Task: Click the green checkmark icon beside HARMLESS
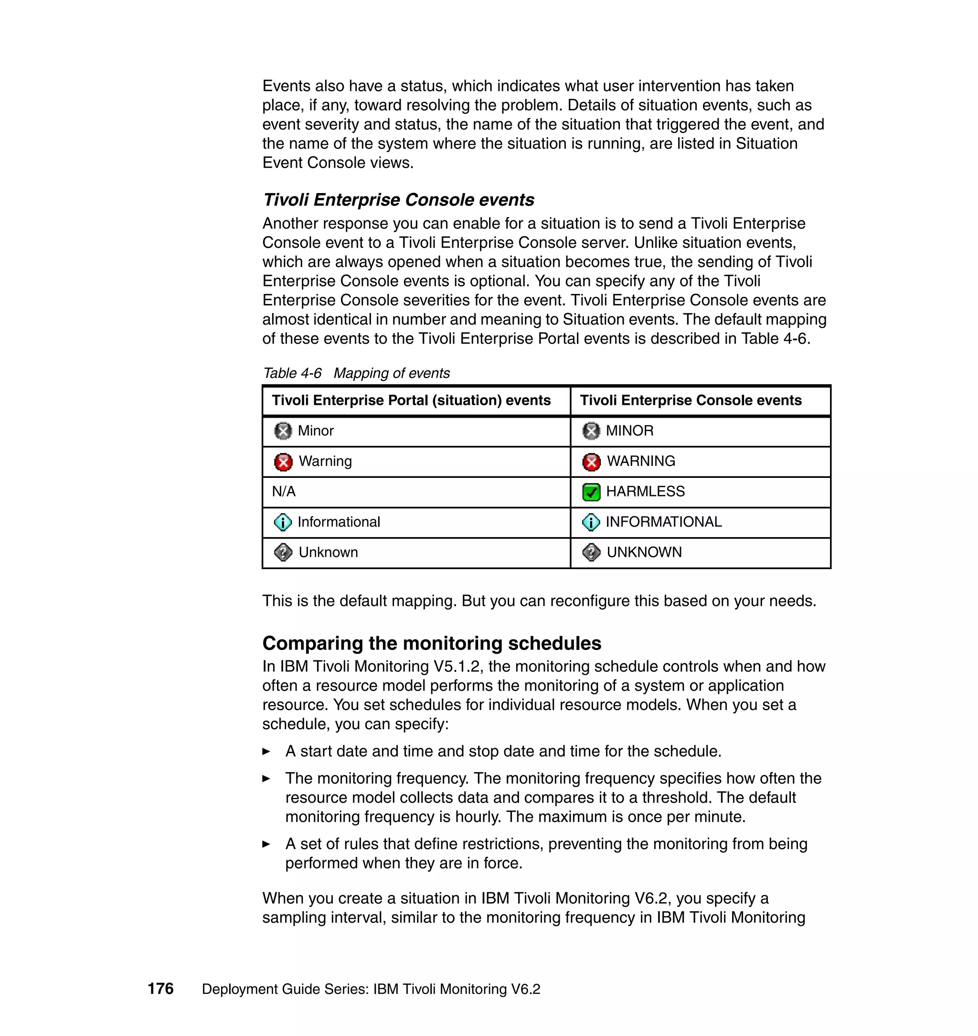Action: coord(591,492)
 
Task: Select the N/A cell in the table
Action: coord(284,491)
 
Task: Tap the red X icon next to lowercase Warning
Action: coord(283,462)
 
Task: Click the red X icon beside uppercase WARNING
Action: coord(591,462)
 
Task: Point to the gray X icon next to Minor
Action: coord(283,431)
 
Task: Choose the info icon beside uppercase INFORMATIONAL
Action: coord(591,522)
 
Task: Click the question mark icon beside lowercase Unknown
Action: coord(283,552)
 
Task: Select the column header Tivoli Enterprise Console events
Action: coord(690,400)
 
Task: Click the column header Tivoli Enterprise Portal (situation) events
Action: coord(411,400)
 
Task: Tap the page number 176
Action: coord(160,989)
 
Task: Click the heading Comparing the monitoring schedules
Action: coord(431,643)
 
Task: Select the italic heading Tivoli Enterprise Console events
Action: coord(398,200)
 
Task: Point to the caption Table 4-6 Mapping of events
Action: coord(356,373)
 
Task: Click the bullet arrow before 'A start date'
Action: coord(266,751)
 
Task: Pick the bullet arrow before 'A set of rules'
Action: coord(266,843)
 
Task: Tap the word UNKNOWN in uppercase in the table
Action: coord(644,552)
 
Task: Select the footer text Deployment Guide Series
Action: coord(285,989)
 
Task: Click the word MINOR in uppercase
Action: coord(629,431)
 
